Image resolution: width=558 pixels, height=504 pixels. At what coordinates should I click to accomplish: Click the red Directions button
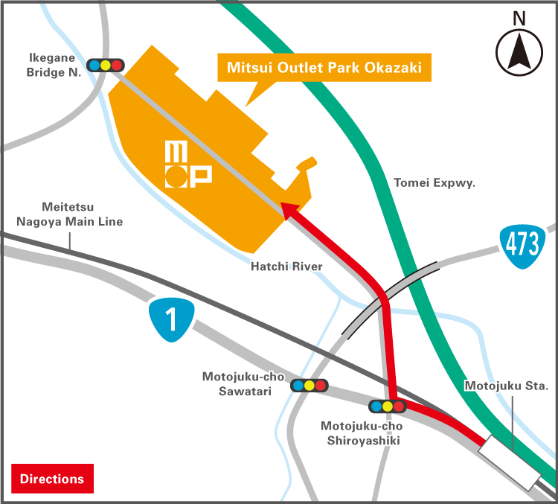pos(52,479)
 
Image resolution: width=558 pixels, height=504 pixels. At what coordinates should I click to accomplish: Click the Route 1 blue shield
pos(171,318)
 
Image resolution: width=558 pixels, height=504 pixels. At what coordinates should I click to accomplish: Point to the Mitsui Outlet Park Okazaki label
pos(324,68)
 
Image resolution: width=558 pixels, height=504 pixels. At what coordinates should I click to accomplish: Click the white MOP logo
pos(187,165)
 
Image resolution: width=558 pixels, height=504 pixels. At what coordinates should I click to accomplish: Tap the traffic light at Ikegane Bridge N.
pos(105,65)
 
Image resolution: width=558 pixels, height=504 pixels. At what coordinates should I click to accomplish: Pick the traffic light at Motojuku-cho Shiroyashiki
pos(387,406)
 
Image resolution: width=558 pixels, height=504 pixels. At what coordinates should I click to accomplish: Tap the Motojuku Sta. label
pos(506,386)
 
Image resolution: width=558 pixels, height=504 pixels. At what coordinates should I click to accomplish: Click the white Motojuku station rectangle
pos(510,465)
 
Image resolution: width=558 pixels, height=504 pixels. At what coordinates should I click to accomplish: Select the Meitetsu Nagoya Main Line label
pos(70,214)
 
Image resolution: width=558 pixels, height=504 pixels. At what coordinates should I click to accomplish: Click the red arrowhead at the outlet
pos(289,211)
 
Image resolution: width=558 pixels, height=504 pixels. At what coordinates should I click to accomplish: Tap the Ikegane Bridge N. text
pos(54,64)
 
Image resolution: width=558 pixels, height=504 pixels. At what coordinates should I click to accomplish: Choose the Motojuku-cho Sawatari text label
pos(242,383)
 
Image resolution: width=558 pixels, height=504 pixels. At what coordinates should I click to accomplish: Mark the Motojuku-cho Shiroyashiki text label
pos(361,433)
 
